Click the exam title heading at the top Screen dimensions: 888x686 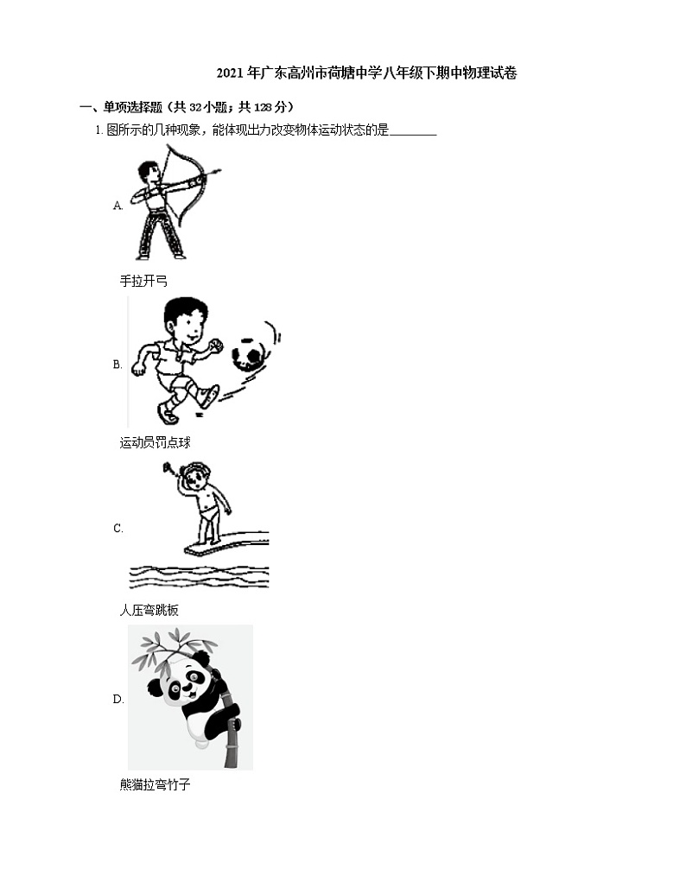pos(366,73)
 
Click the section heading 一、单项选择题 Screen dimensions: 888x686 pos(187,107)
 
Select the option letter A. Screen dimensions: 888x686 pos(118,206)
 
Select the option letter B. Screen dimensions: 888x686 pos(118,365)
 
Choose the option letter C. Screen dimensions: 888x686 pos(118,528)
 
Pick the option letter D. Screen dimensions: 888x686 pos(118,699)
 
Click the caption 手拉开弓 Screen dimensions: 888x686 pos(143,282)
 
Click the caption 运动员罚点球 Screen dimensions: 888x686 pos(155,443)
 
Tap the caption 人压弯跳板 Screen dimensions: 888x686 pos(149,610)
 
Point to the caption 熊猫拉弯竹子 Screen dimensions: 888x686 pos(155,785)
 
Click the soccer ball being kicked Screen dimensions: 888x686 pos(249,355)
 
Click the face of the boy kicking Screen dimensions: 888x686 pos(184,321)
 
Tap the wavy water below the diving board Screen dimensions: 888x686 pos(199,576)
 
